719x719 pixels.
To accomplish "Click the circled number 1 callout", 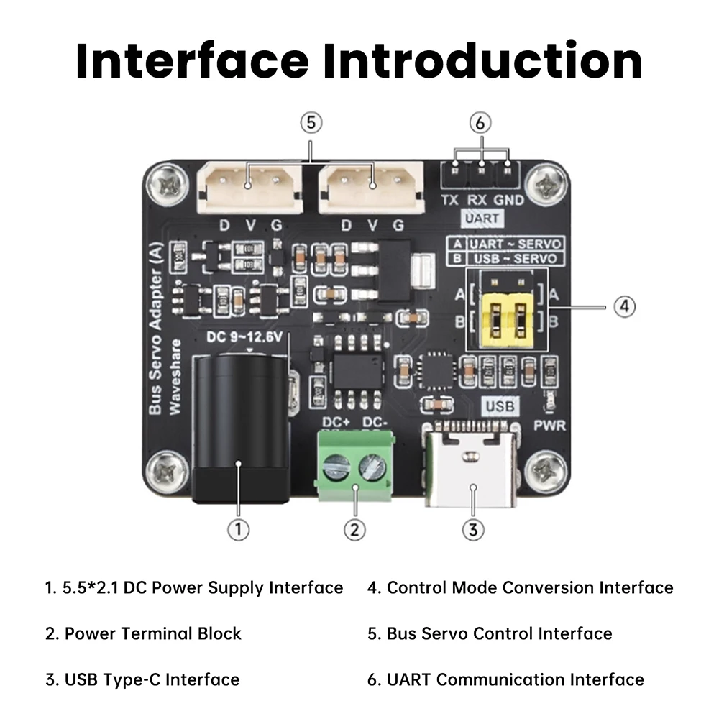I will [x=238, y=530].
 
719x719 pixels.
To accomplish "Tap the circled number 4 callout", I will [x=624, y=306].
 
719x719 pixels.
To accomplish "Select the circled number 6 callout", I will [x=480, y=123].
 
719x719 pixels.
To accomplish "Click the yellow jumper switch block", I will [x=506, y=316].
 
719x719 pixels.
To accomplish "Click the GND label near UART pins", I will [x=509, y=201].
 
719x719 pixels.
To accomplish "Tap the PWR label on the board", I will [x=550, y=426].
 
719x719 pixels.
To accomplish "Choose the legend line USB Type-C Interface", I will [x=142, y=679].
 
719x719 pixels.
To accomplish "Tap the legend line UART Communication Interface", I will [x=505, y=679].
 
